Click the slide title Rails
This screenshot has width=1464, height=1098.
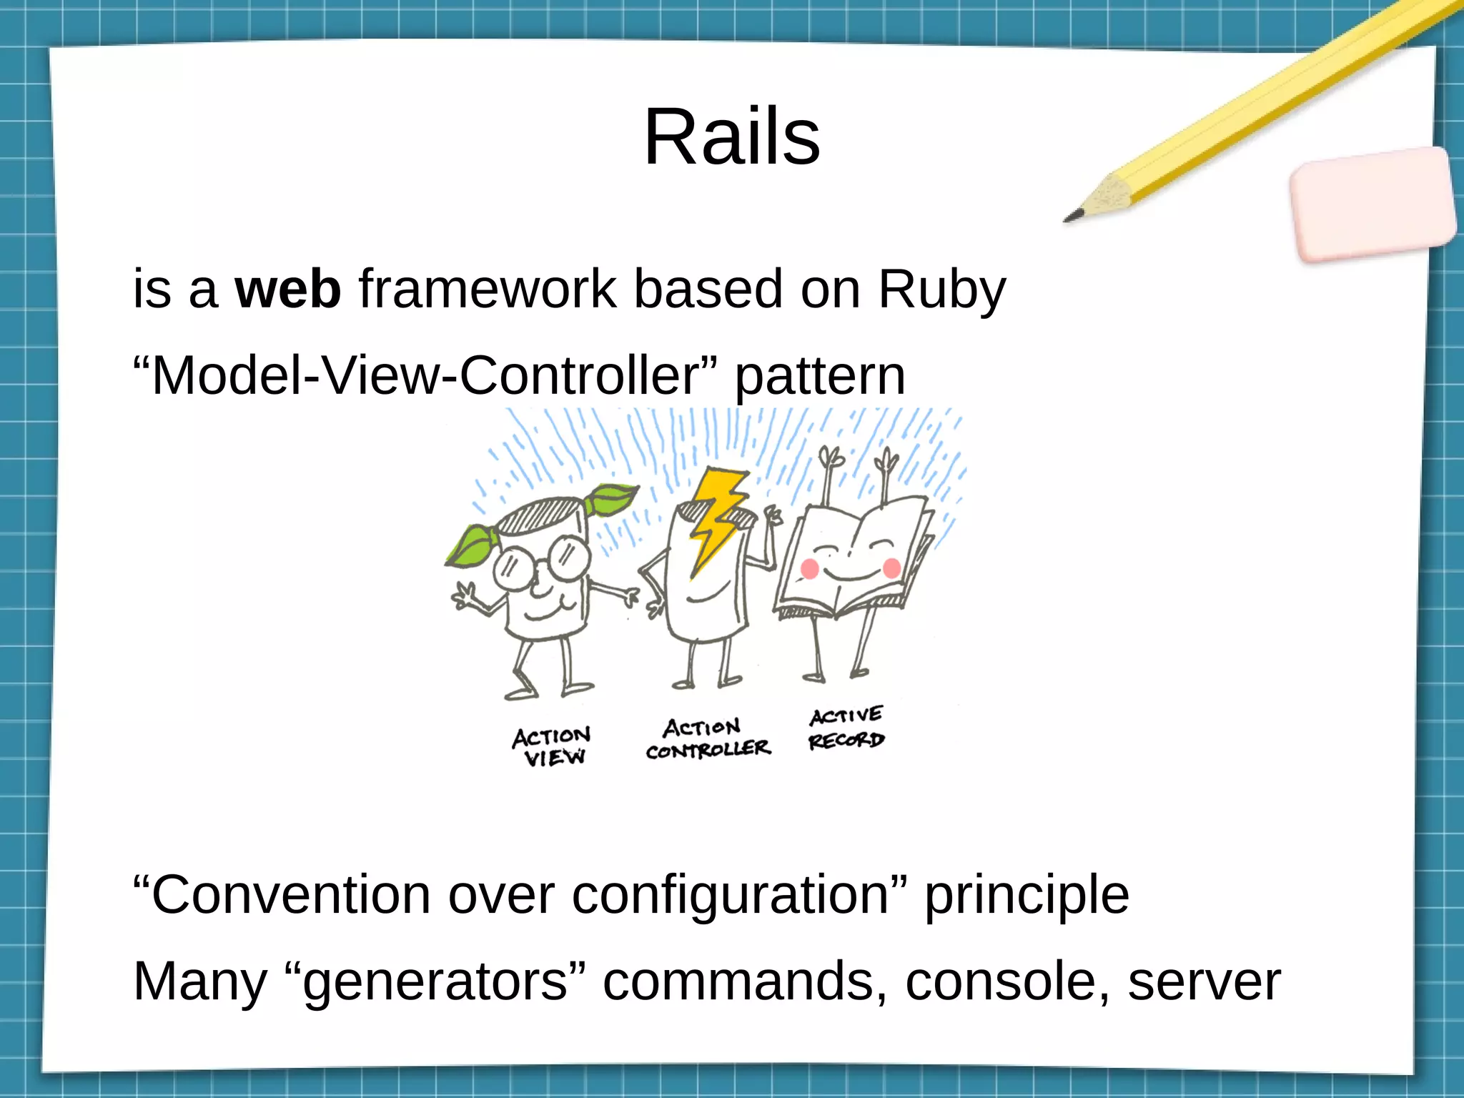pos(731,137)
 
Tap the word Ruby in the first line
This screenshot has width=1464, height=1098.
pos(941,290)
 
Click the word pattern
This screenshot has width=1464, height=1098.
pos(820,377)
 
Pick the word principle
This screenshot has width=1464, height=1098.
pos(1027,896)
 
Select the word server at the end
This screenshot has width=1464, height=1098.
pos(1204,981)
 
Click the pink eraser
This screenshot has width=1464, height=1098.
pos(1372,204)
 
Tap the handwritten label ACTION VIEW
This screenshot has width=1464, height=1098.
pos(552,746)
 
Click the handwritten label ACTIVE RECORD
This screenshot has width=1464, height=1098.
pos(846,728)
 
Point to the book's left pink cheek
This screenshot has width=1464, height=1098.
pos(809,569)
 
